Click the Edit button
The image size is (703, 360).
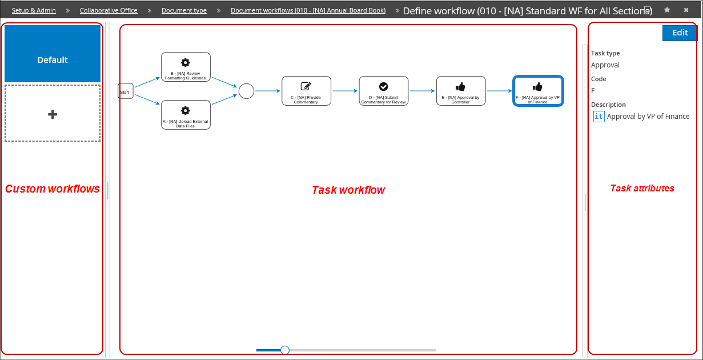[680, 33]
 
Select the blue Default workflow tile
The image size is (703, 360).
[53, 54]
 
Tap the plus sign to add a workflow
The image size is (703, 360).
[53, 114]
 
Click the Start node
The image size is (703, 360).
[126, 91]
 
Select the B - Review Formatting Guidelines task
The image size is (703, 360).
[186, 67]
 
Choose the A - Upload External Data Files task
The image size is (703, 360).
[186, 115]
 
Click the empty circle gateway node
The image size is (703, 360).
[246, 91]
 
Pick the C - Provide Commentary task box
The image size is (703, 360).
[306, 91]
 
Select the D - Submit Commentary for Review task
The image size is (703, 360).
[384, 91]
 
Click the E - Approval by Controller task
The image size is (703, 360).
[461, 91]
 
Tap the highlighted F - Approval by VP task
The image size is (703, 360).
[538, 91]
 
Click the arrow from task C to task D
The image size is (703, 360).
[345, 91]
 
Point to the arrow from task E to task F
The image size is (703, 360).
[499, 91]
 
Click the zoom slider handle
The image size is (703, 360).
[284, 350]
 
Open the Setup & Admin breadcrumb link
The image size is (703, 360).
[34, 10]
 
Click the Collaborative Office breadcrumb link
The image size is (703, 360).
[109, 10]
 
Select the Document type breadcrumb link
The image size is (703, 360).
[184, 10]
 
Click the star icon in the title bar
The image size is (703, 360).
[667, 10]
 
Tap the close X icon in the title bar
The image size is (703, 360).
[686, 10]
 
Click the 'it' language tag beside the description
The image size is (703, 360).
[598, 116]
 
